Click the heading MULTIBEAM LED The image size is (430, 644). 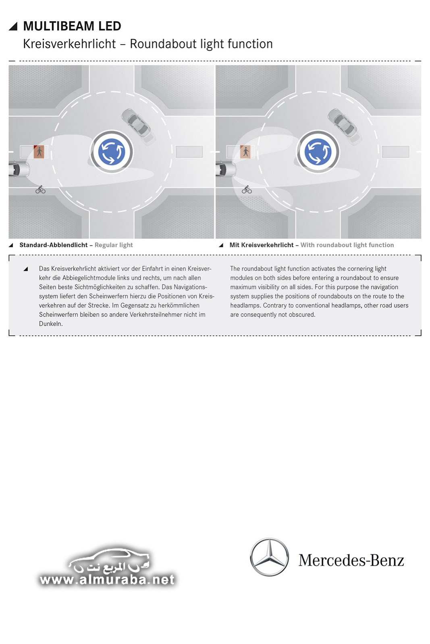click(x=72, y=26)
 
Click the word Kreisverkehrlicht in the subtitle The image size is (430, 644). click(x=69, y=44)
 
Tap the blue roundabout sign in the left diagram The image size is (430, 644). click(x=112, y=152)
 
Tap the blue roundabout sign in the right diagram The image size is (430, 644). click(x=318, y=152)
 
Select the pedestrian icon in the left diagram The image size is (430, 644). click(x=39, y=151)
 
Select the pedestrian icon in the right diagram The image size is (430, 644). click(x=245, y=151)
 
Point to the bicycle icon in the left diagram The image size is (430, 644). click(x=41, y=189)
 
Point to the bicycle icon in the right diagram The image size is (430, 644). click(x=247, y=189)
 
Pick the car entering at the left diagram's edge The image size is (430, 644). click(x=19, y=170)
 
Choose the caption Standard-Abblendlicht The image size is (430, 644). click(x=54, y=245)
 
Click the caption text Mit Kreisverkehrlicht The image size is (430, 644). click(x=262, y=245)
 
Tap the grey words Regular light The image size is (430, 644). click(x=114, y=245)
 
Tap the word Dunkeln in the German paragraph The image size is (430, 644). click(x=51, y=324)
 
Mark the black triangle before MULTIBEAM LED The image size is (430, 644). click(x=14, y=27)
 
